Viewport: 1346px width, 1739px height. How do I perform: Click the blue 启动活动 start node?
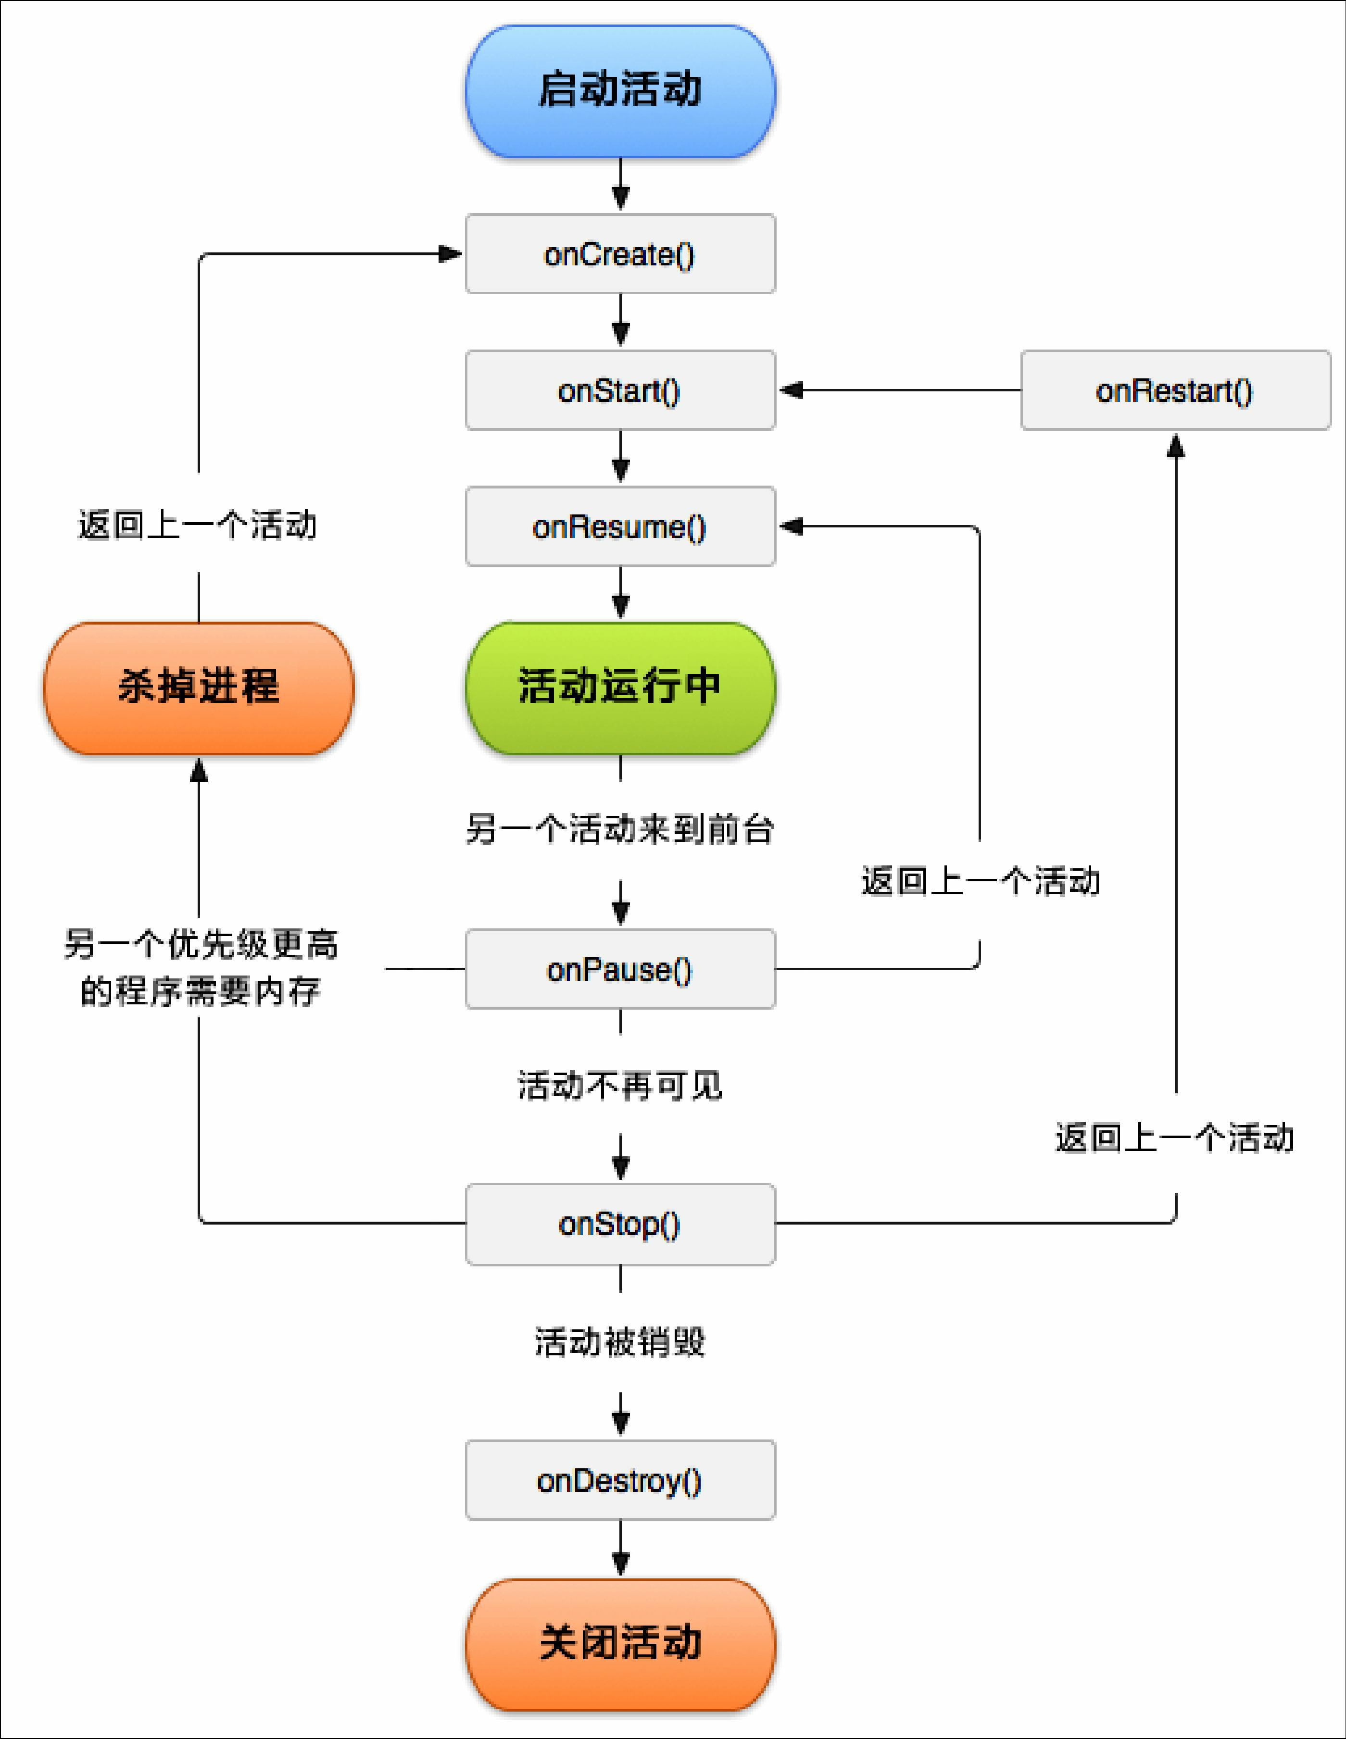click(620, 90)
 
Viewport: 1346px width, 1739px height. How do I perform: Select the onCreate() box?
click(620, 254)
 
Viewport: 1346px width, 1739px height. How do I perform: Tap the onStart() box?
click(620, 390)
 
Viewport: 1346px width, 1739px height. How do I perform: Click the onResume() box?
click(620, 526)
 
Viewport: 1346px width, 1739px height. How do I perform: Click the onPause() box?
click(620, 969)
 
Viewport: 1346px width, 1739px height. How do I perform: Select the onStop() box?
click(620, 1224)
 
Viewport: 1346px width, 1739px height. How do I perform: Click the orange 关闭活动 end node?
click(620, 1643)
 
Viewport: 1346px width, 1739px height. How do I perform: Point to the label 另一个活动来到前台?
click(620, 829)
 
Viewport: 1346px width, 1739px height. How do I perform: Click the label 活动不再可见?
click(620, 1085)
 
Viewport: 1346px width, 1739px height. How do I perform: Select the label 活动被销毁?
click(620, 1342)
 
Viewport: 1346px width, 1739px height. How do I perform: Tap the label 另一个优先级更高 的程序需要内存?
click(201, 967)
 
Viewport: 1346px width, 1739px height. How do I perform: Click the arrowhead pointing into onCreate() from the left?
click(450, 254)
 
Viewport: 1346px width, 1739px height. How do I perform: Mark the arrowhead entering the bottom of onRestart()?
click(1176, 446)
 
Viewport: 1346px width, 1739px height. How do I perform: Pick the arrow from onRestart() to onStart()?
click(900, 390)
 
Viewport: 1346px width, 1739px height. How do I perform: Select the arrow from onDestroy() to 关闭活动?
click(620, 1549)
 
